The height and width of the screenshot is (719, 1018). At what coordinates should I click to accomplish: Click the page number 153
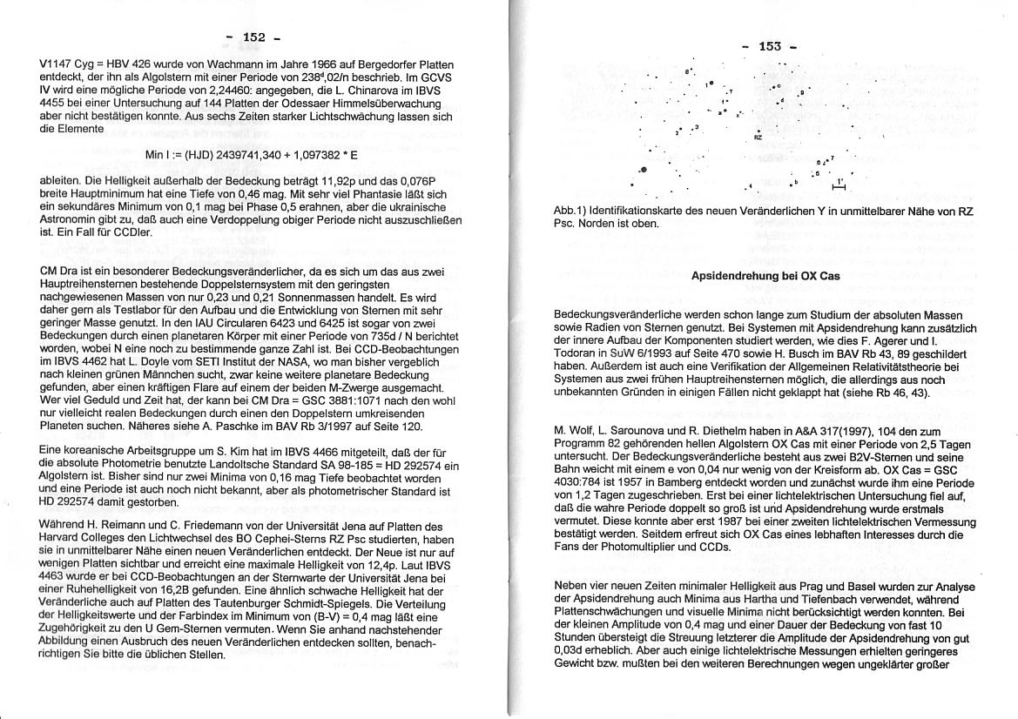coord(770,47)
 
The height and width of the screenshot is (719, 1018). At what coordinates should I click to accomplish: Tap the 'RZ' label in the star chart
coord(758,138)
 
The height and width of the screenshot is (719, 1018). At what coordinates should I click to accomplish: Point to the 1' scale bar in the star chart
coord(839,185)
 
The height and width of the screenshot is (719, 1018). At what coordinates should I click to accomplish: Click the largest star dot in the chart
coord(644,171)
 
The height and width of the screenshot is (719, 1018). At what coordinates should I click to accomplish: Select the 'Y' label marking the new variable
coord(730,91)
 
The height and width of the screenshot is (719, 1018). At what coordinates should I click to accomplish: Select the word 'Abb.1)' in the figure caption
coord(571,212)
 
